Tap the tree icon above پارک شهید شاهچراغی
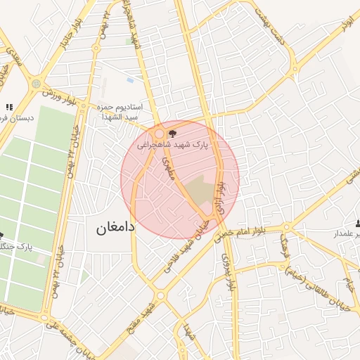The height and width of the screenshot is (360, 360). click(173, 131)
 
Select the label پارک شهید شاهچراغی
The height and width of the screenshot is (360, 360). click(187, 144)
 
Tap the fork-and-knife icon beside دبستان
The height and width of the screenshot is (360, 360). click(9, 107)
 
